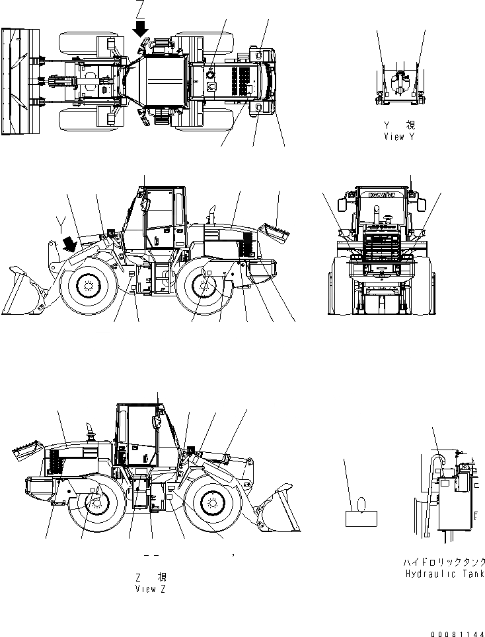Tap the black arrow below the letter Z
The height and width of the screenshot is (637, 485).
click(x=141, y=28)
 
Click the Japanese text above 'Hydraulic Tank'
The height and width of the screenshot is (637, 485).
click(x=444, y=562)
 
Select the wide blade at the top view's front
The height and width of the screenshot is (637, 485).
click(x=13, y=81)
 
